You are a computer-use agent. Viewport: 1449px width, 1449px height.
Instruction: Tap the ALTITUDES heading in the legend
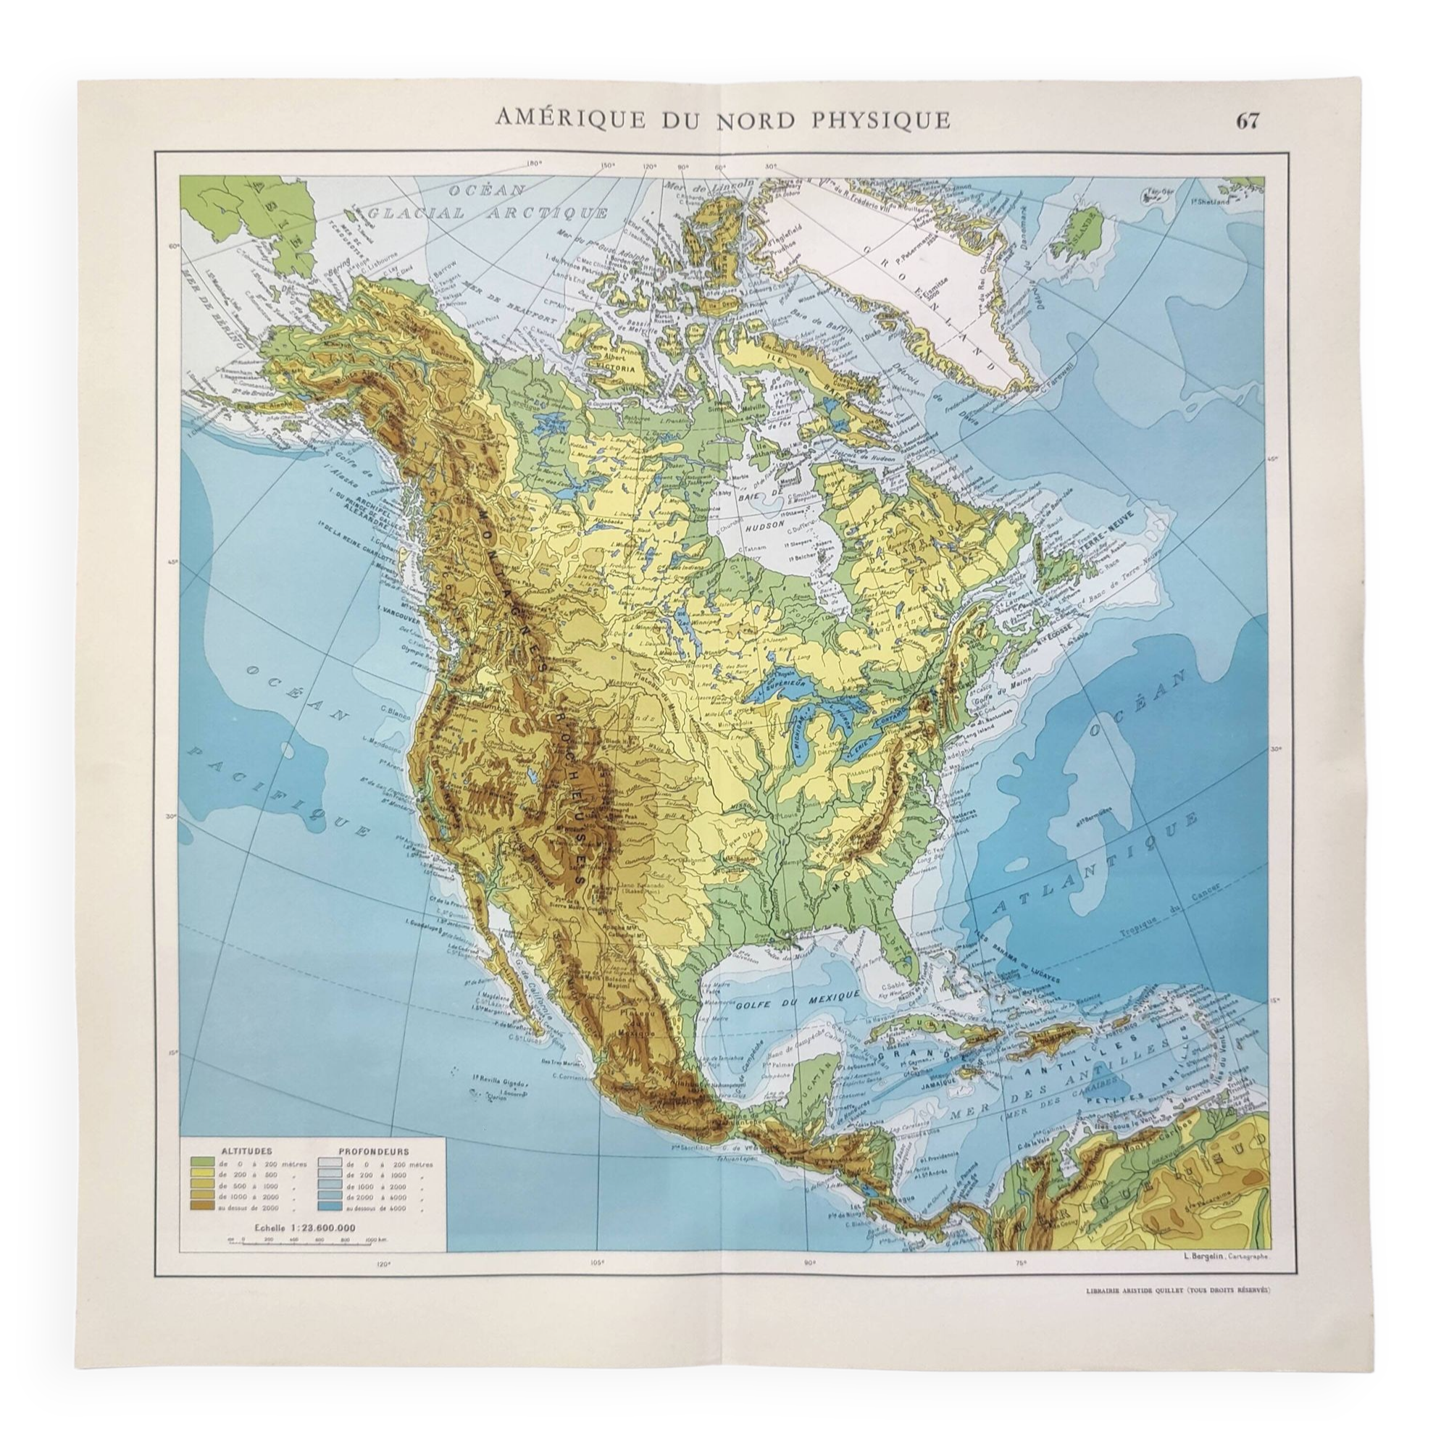pos(241,1170)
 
